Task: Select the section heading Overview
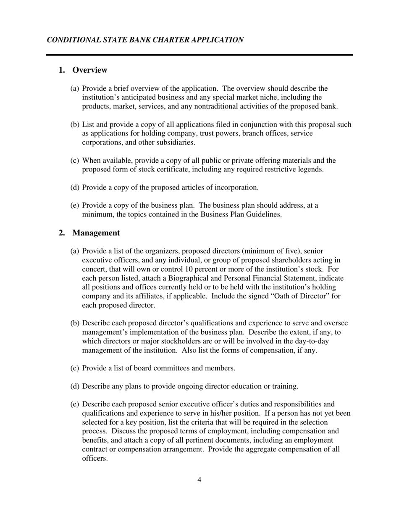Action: [x=90, y=70]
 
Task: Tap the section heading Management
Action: [x=96, y=233]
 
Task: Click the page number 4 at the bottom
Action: [x=199, y=480]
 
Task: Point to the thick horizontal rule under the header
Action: [x=199, y=55]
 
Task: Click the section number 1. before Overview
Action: [x=62, y=70]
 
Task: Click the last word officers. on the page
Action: [x=94, y=459]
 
